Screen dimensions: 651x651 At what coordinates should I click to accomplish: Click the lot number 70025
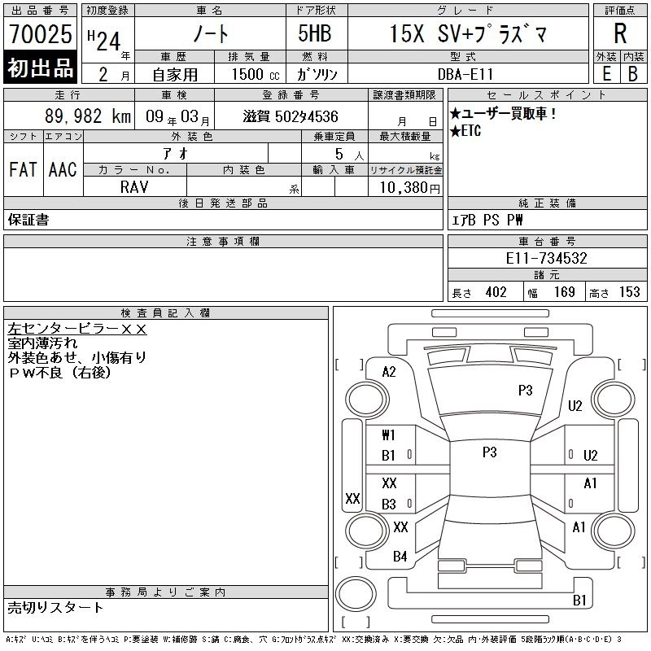tap(40, 34)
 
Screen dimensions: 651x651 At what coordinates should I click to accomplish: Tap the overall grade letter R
tap(620, 33)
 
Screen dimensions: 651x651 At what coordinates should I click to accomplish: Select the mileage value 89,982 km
tap(88, 116)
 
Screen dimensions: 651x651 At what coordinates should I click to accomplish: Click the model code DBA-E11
tap(465, 74)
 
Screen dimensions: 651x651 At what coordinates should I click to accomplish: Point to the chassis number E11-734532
tap(546, 258)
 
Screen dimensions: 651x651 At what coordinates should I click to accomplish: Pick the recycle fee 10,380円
tap(409, 188)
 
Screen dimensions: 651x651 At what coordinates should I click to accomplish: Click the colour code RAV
tap(134, 187)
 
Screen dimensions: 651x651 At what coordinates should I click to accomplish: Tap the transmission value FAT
tap(24, 169)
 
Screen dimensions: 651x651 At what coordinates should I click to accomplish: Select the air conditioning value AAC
tap(63, 169)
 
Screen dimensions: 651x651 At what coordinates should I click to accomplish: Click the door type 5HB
tap(315, 33)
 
